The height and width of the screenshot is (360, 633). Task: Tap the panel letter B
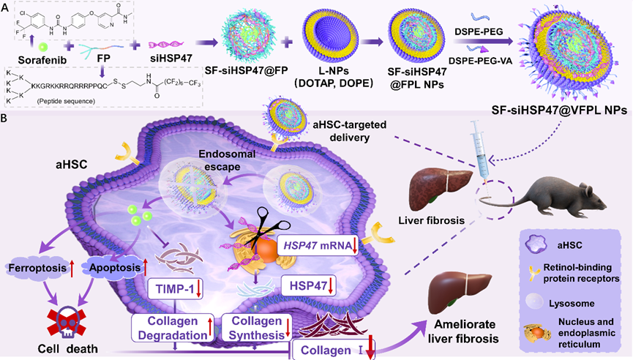7,117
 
